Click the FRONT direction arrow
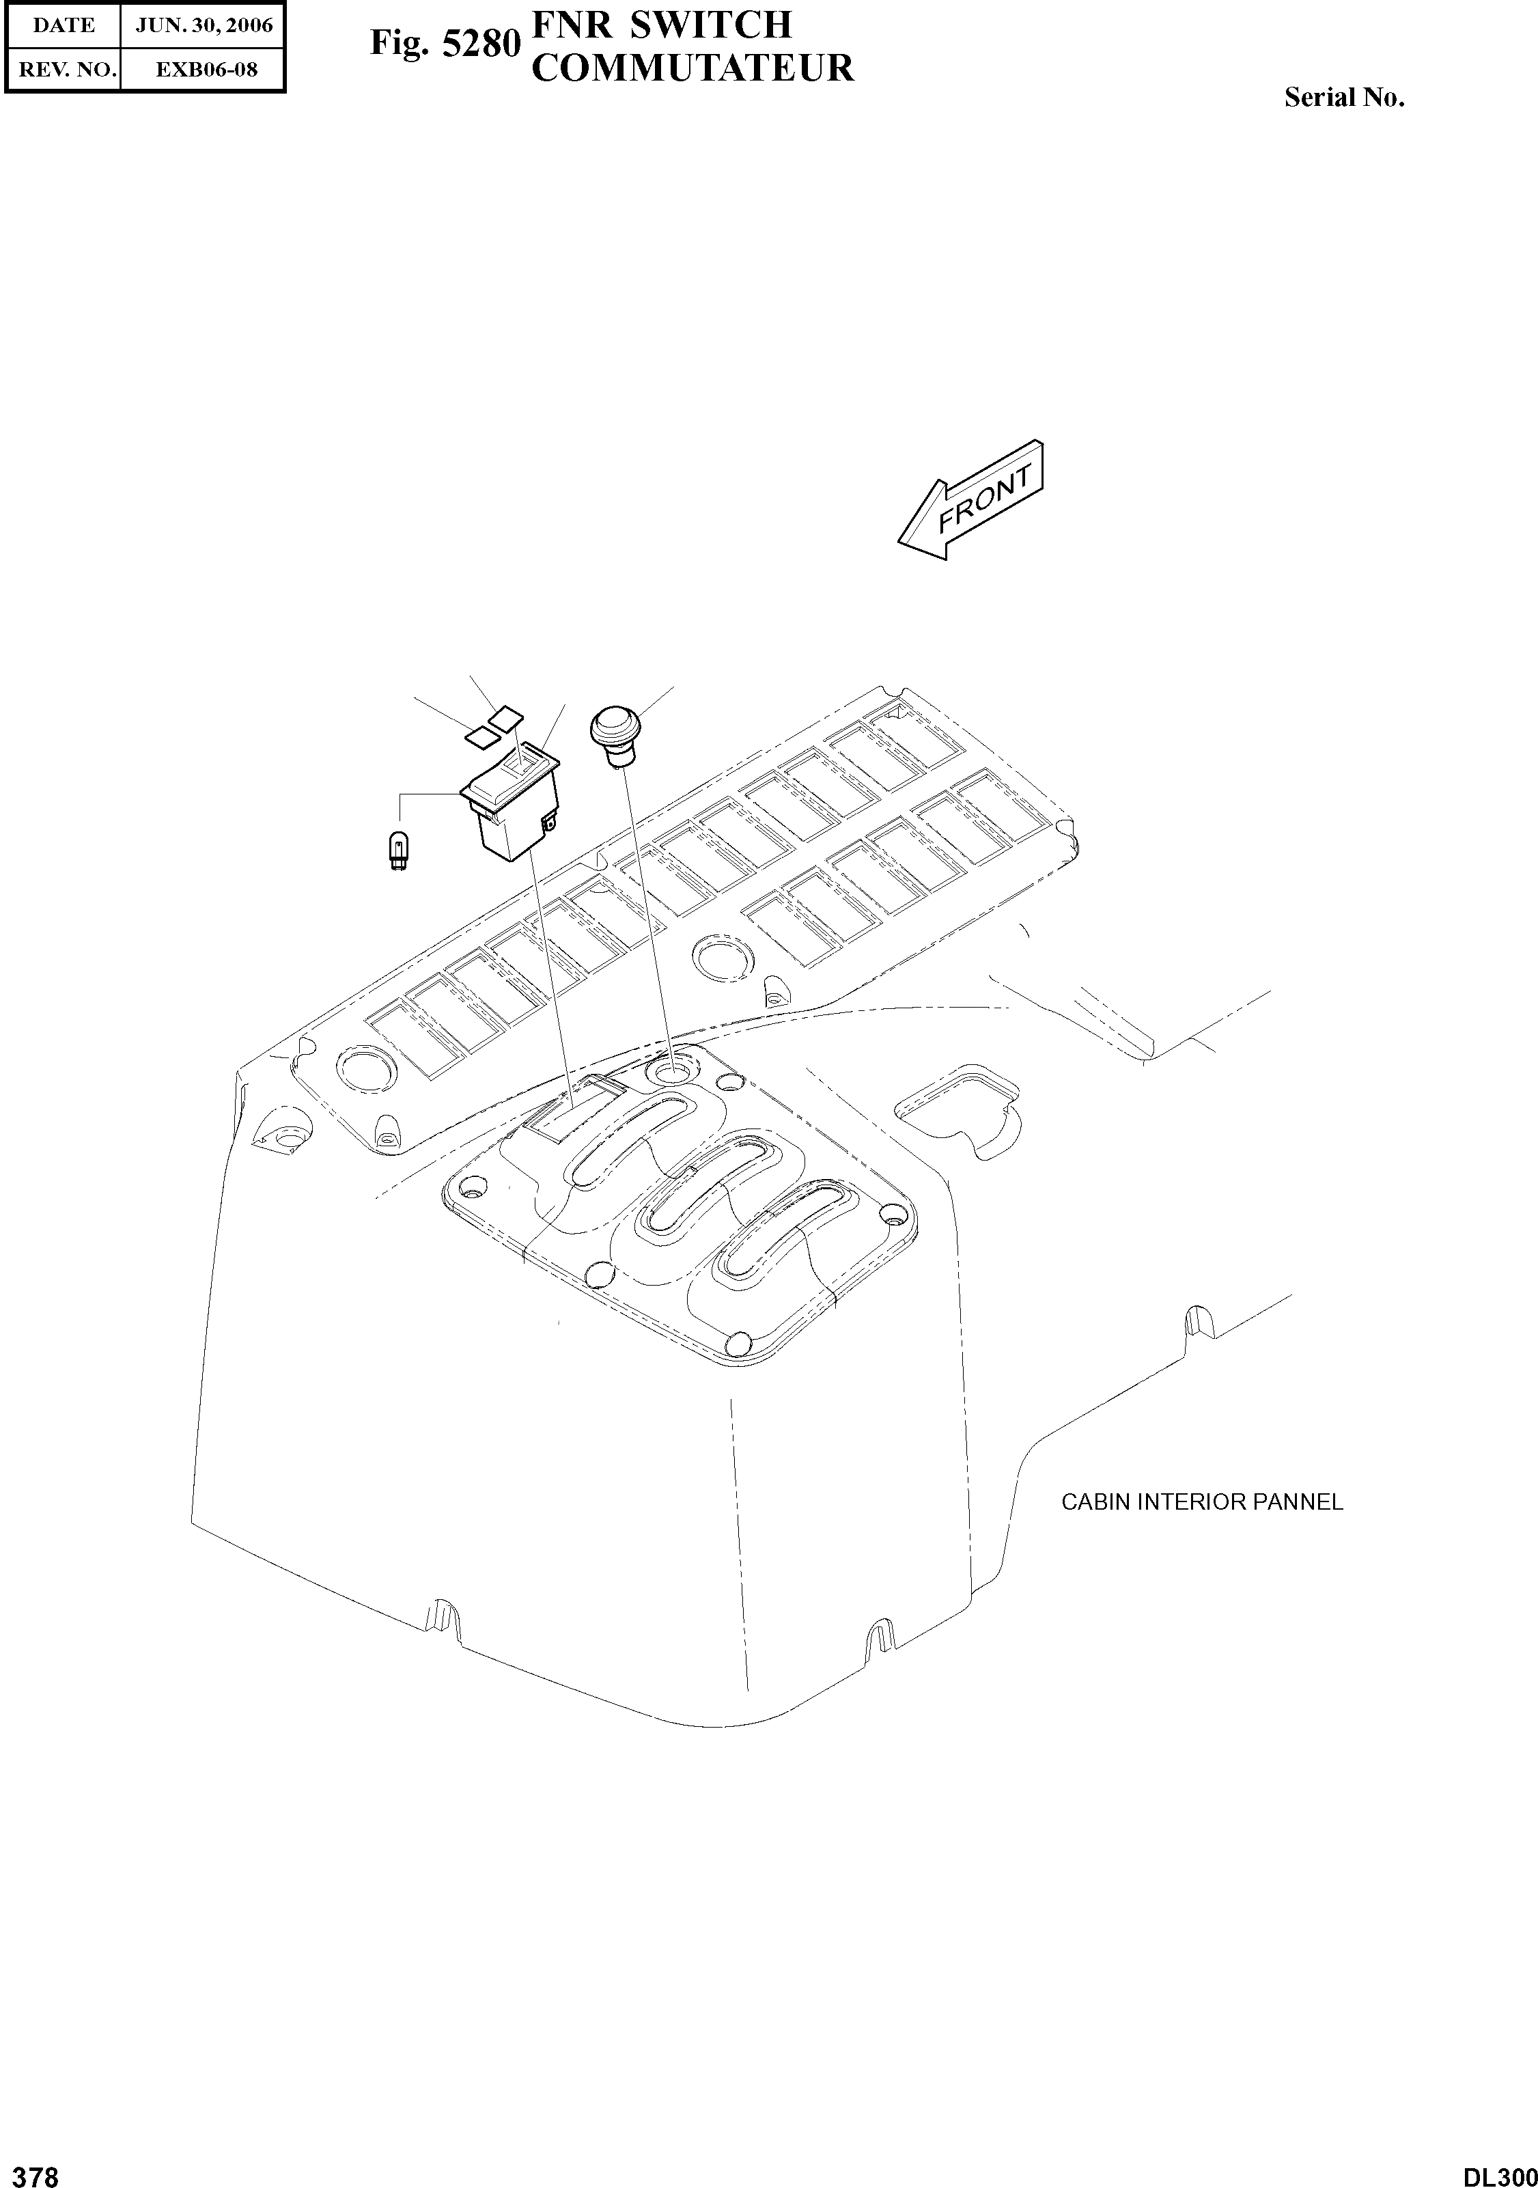[972, 500]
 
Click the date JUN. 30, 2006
[204, 26]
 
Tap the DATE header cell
[63, 26]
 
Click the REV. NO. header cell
[63, 70]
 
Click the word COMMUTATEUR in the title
[692, 68]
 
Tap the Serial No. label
[1343, 97]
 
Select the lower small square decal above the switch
[482, 735]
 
